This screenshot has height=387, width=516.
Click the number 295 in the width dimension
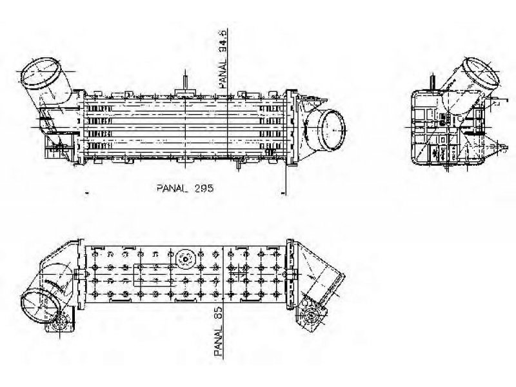(204, 188)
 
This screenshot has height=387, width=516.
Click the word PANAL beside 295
(172, 188)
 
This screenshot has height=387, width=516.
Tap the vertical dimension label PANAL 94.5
(223, 59)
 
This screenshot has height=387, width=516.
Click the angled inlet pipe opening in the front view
(39, 73)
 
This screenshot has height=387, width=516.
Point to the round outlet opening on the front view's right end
(333, 130)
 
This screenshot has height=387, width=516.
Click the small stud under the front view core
(239, 164)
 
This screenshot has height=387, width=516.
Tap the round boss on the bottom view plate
(186, 259)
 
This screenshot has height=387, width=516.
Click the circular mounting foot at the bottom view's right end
(311, 316)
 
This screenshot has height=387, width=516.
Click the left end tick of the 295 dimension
(86, 192)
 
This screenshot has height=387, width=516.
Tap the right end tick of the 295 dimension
(283, 192)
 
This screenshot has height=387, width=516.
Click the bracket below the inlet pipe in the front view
(60, 146)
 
